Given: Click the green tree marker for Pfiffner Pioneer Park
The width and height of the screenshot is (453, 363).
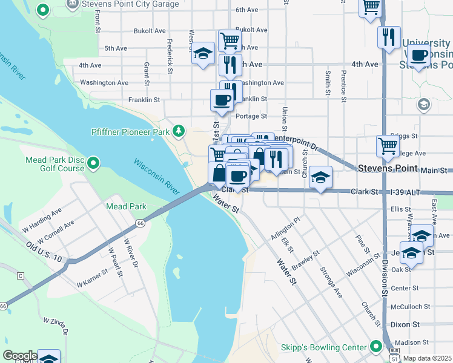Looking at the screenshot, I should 179,131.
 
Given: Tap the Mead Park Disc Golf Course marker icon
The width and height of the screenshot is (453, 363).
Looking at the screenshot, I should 93,163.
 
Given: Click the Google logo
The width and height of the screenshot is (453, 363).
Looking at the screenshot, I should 19,356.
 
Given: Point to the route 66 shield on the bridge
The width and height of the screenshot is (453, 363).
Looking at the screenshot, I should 140,223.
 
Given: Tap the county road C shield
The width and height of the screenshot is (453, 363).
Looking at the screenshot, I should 20,276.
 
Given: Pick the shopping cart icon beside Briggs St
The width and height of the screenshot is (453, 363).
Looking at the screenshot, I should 388,145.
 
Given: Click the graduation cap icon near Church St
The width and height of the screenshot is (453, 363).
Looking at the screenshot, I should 322,178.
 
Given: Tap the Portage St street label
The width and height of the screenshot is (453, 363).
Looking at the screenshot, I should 251,116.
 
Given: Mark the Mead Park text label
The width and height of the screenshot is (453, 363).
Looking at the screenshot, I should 126,206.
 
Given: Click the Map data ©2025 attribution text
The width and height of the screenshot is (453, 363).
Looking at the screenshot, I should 428,358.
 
